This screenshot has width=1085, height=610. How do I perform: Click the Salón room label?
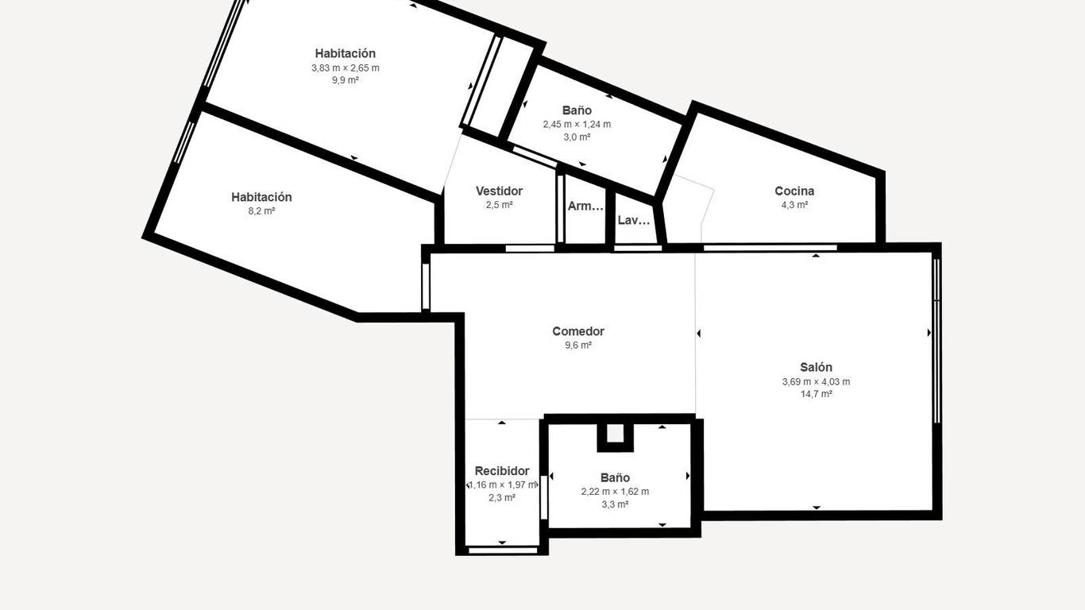[x=817, y=367]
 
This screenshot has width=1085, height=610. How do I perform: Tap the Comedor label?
[x=578, y=331]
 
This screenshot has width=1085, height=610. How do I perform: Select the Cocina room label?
[x=794, y=191]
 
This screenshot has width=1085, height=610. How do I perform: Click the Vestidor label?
[x=500, y=191]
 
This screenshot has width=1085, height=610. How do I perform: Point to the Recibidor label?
[x=502, y=471]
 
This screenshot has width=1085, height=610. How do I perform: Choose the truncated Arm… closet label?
[x=585, y=206]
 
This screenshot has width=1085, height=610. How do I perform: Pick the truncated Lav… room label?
[x=634, y=221]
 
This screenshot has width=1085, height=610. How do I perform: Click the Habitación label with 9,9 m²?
[x=346, y=53]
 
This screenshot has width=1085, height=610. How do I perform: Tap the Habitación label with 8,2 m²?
[x=261, y=197]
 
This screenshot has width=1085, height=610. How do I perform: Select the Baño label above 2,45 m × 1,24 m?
[x=577, y=110]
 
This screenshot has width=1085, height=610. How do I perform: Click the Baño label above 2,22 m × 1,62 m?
[x=615, y=477]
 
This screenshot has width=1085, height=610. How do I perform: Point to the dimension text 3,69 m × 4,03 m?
[x=817, y=382]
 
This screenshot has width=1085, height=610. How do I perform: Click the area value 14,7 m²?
[x=817, y=394]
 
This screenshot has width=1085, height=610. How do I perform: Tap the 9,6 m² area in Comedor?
[x=578, y=346]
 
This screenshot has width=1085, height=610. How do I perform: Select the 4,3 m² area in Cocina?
[x=794, y=205]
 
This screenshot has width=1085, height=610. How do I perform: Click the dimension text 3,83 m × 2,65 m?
[x=346, y=68]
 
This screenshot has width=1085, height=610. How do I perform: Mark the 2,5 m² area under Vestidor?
[x=500, y=205]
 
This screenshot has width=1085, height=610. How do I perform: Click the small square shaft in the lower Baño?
[x=615, y=434]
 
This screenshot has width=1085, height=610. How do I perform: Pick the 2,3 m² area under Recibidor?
[x=502, y=497]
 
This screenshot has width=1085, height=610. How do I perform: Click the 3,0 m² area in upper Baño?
[x=577, y=137]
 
